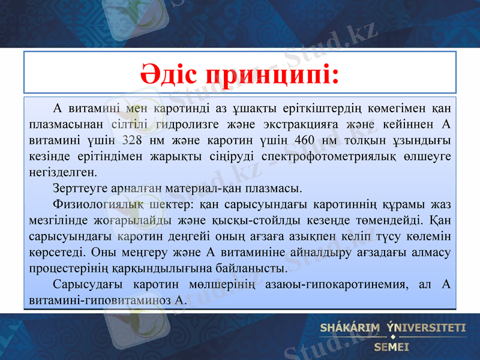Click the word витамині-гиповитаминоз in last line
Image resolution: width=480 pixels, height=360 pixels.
pyautogui.click(x=100, y=300)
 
